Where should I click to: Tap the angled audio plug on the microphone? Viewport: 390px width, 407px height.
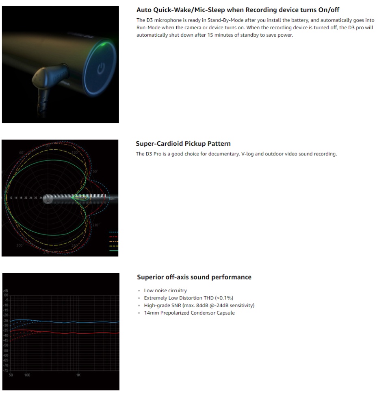point(45,79)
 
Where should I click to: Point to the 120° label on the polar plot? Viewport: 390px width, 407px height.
point(75,153)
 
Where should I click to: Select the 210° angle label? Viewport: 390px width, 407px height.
point(96,225)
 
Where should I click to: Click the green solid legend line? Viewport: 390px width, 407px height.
point(114,251)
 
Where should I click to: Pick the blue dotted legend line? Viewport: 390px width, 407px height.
point(114,232)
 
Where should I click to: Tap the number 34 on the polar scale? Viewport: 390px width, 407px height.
point(41,197)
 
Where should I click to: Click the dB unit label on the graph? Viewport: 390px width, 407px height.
point(5,291)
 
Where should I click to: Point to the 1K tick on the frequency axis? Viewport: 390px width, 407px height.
point(78,375)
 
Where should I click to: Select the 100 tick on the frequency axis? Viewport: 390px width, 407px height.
point(27,375)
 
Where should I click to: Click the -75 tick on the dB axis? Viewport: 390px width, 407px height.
point(6,370)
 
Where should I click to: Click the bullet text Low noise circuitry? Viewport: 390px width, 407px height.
point(165,291)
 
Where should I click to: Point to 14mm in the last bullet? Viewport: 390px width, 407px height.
point(149,313)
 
